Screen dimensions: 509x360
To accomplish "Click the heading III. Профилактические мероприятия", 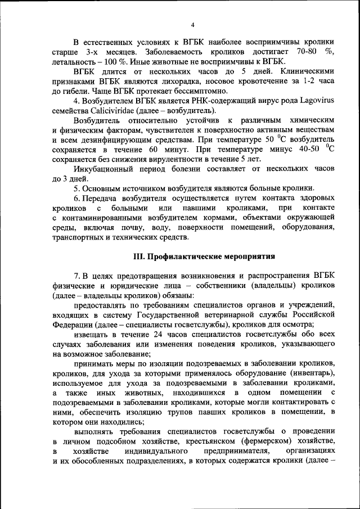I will tap(204, 256).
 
